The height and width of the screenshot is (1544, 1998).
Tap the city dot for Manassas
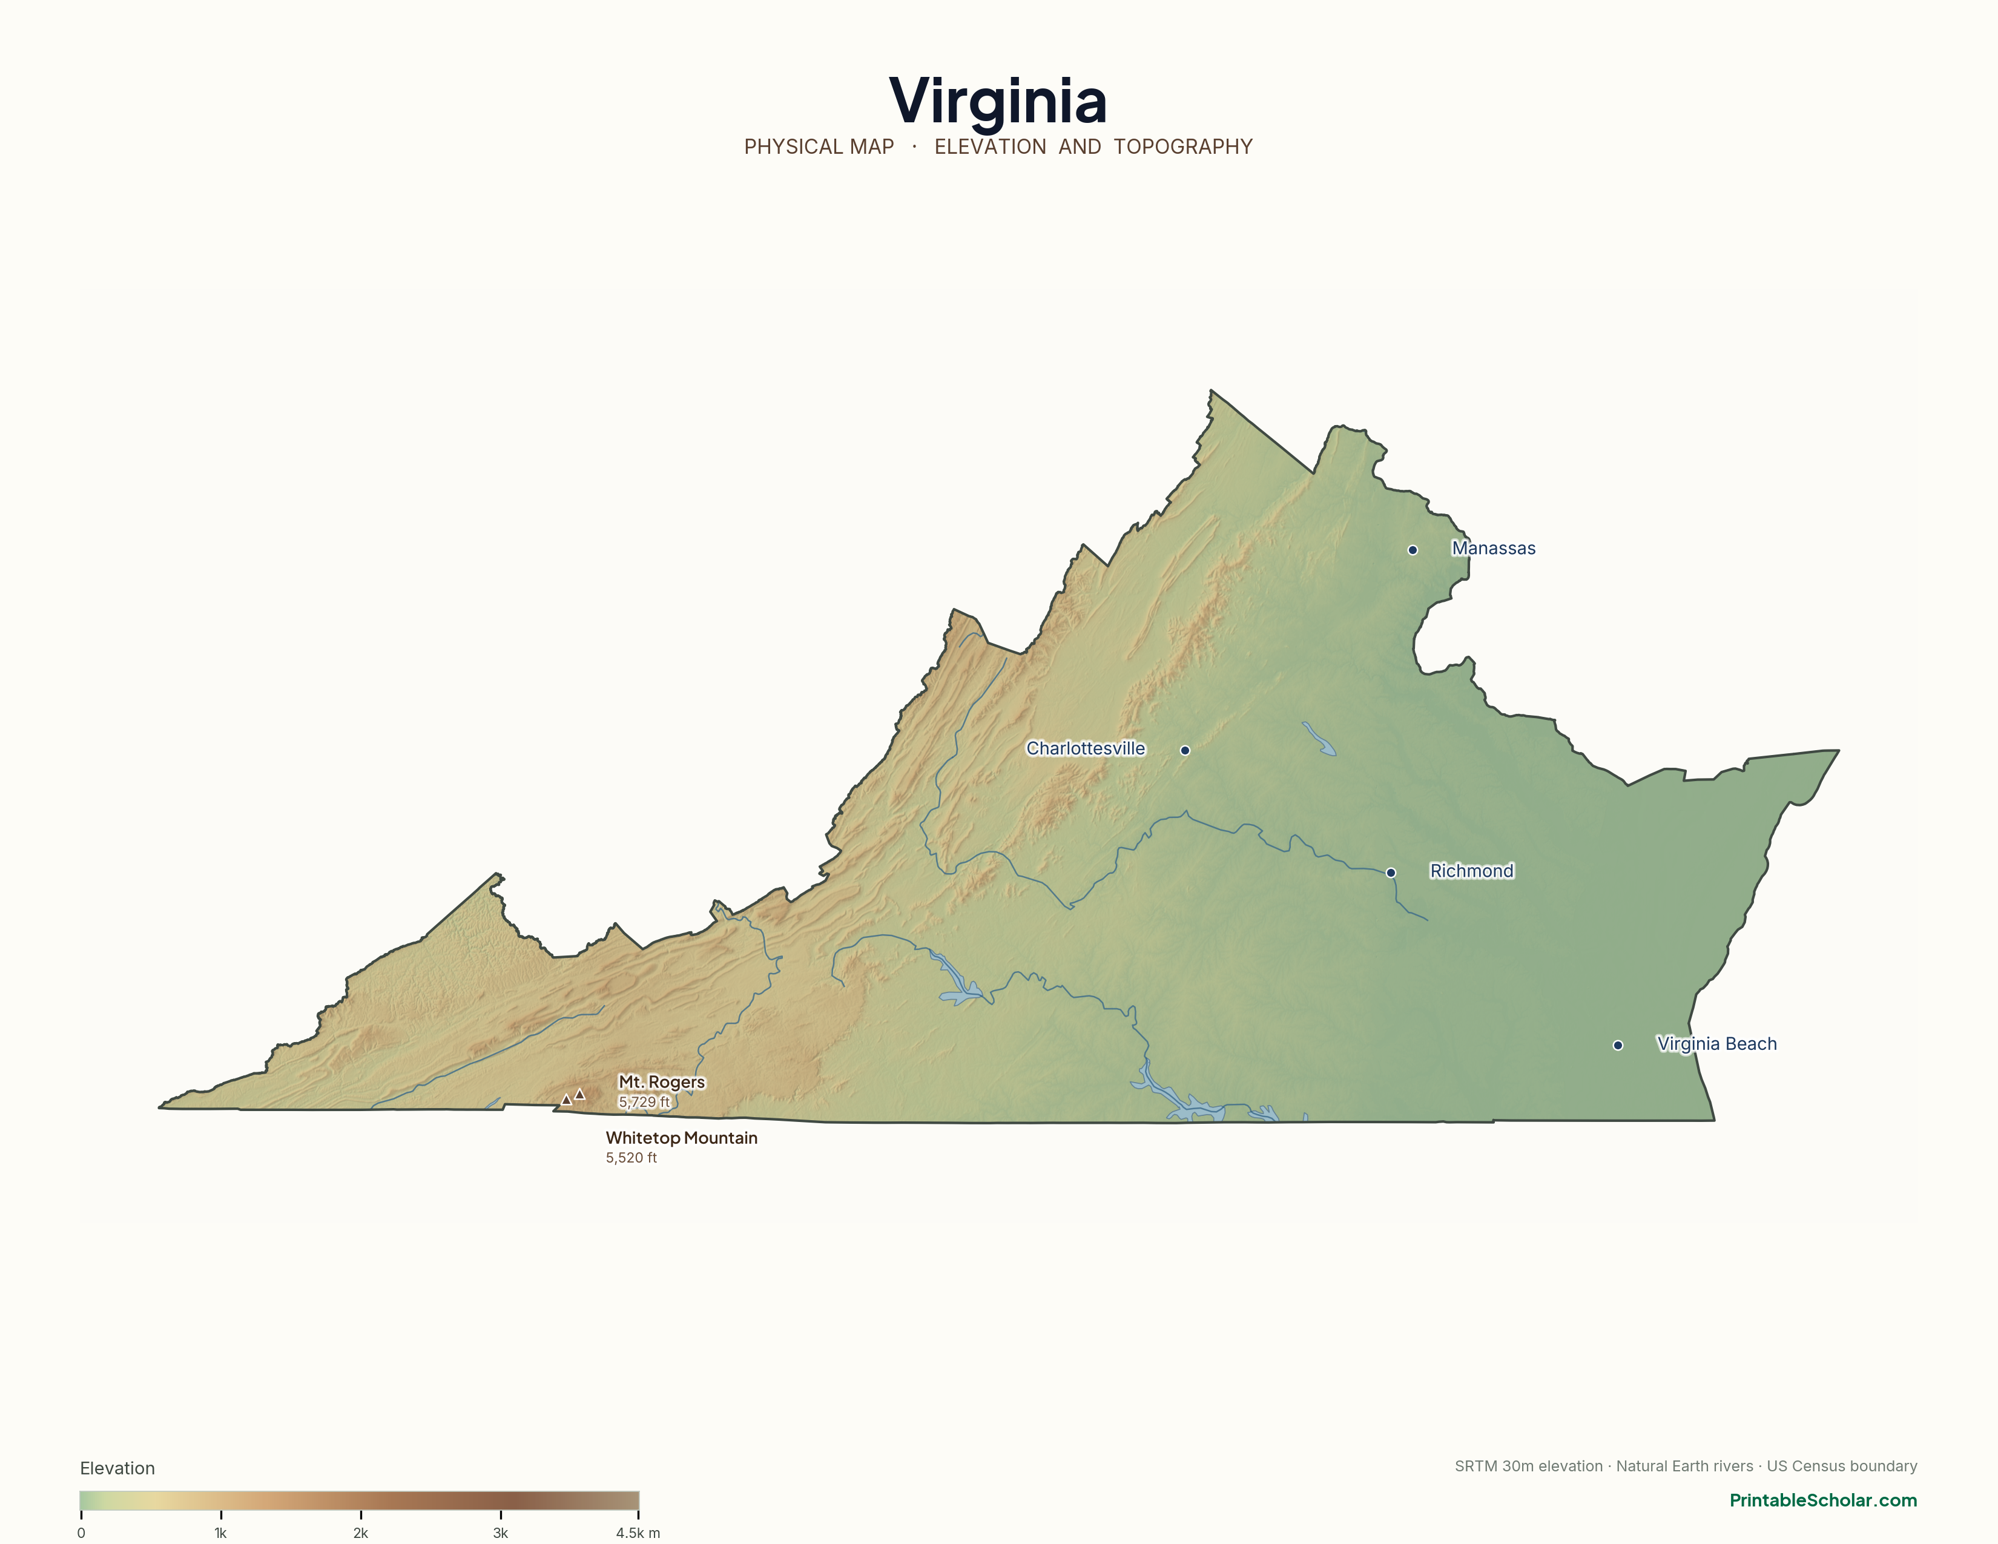point(1413,550)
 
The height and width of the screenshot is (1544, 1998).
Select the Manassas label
point(1493,548)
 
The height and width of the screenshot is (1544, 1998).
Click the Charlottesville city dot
point(1185,750)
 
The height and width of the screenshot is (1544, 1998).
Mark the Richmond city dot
point(1391,873)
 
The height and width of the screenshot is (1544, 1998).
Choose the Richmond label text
point(1471,871)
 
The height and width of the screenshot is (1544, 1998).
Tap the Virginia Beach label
point(1716,1044)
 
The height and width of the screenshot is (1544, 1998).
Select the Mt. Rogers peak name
point(661,1082)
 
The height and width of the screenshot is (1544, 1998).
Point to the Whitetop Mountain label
point(682,1138)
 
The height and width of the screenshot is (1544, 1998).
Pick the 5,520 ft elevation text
point(631,1158)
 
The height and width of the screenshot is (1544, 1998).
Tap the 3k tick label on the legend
point(501,1533)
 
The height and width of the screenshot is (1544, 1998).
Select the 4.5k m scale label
point(638,1533)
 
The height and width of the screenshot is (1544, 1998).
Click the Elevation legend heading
point(117,1468)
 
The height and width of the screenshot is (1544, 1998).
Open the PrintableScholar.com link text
point(1822,1500)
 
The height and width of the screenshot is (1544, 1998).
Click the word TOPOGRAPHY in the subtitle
point(1183,147)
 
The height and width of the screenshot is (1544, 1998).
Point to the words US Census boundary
point(1842,1466)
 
